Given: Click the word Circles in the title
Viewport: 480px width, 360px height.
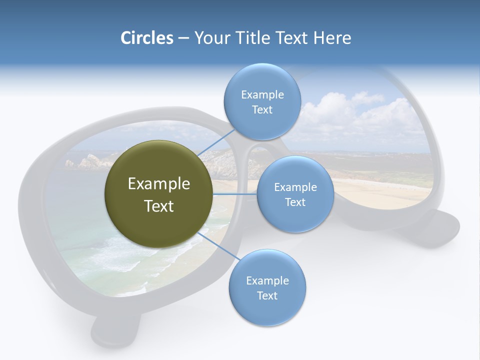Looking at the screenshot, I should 146,38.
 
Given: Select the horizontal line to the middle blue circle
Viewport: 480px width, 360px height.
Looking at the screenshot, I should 235,194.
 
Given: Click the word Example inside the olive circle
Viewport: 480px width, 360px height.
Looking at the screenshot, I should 159,184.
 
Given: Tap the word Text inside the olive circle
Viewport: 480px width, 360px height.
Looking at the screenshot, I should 159,206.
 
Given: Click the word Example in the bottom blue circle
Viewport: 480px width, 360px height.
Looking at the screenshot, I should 267,280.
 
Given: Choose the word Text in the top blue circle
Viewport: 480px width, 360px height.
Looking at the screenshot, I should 262,110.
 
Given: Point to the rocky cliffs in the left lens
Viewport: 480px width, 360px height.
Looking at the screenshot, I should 90,161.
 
